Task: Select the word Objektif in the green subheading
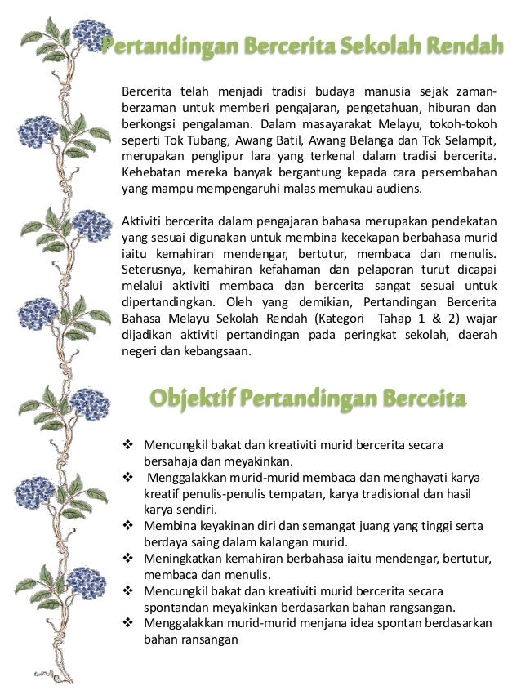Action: coord(192,399)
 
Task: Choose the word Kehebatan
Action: coord(151,172)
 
